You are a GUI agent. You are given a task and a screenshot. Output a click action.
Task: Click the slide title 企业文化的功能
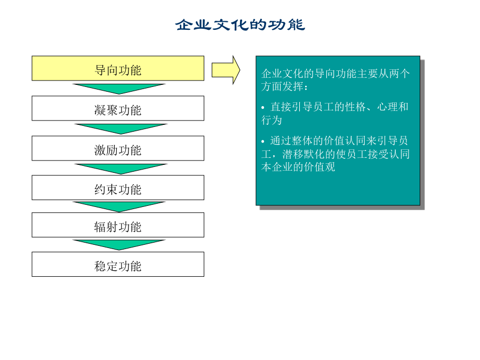pyautogui.click(x=240, y=25)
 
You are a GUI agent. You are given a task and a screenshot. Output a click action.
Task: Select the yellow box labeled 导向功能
pyautogui.click(x=118, y=68)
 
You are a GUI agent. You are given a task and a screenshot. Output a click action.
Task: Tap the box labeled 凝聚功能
pyautogui.click(x=118, y=108)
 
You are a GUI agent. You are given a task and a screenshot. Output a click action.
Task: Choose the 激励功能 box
pyautogui.click(x=118, y=148)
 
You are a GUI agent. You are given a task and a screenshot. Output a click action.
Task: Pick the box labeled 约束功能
pyautogui.click(x=118, y=188)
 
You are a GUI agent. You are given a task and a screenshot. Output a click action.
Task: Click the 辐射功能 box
pyautogui.click(x=118, y=225)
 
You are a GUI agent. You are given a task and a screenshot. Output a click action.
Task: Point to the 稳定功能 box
pyautogui.click(x=118, y=265)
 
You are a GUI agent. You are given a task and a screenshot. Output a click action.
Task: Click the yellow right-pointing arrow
pyautogui.click(x=226, y=70)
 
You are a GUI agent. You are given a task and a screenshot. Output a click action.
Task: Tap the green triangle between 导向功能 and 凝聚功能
pyautogui.click(x=119, y=89)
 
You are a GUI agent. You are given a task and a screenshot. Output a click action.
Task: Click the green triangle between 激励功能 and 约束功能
pyautogui.click(x=121, y=169)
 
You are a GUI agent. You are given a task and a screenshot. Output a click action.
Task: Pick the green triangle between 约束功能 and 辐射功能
pyautogui.click(x=119, y=206)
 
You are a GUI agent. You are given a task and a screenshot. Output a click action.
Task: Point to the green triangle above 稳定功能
pyautogui.click(x=119, y=245)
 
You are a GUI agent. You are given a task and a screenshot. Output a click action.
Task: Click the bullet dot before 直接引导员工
pyautogui.click(x=263, y=107)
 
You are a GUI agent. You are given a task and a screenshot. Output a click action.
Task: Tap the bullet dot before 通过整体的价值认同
pyautogui.click(x=263, y=141)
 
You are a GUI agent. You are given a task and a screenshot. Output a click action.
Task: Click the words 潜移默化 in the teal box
pyautogui.click(x=303, y=154)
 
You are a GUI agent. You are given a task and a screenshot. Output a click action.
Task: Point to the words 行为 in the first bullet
pyautogui.click(x=271, y=120)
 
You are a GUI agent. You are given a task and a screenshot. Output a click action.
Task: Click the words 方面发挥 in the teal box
pyautogui.click(x=282, y=86)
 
